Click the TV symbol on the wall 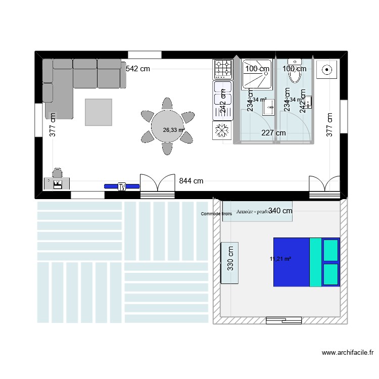tap(122, 186)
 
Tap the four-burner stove tap(223, 68)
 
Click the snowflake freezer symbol tap(222, 130)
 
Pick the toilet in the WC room tap(295, 74)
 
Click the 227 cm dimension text tap(273, 133)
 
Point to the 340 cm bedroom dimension tap(280, 211)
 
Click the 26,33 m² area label tap(173, 130)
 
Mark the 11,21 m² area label tap(280, 259)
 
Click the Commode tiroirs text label tap(216, 214)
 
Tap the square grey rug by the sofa tap(99, 112)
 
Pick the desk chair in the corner tap(57, 173)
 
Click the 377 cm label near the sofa tap(53, 124)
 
